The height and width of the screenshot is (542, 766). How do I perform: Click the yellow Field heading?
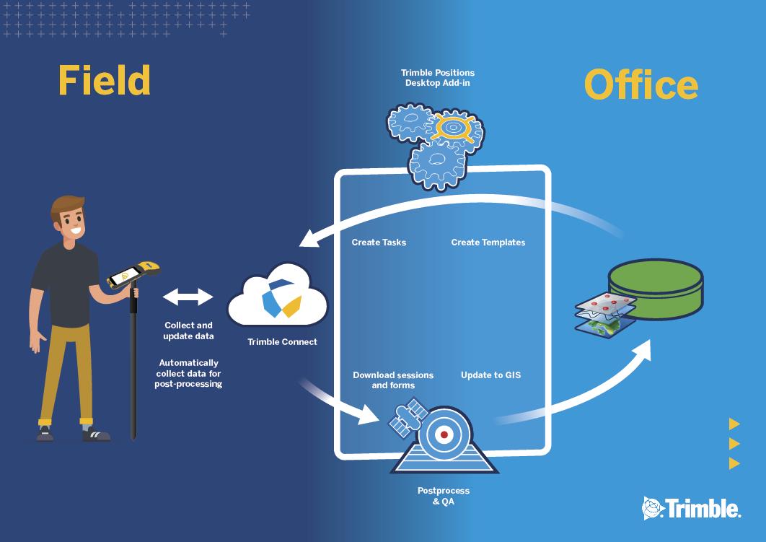point(104,80)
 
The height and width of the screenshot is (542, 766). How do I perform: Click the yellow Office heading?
point(641,84)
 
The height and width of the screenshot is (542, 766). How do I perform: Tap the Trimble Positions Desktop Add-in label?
point(438,78)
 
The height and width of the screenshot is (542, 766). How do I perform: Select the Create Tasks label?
point(379,242)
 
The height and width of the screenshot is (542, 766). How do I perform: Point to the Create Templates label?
point(488,242)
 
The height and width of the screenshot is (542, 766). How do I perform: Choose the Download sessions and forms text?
point(393,380)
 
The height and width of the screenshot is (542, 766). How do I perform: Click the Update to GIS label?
point(491,375)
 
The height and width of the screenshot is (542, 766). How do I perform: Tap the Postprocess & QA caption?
point(444,496)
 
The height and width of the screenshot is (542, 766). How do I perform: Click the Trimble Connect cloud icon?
point(278,296)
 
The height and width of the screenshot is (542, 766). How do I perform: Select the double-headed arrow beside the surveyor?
point(188,297)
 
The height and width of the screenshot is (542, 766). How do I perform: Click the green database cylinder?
point(656,289)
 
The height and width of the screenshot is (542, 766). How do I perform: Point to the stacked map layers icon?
point(605,315)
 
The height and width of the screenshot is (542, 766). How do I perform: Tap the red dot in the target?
point(444,434)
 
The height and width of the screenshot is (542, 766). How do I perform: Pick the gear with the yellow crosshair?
point(454,128)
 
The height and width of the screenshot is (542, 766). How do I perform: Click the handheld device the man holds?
point(133,274)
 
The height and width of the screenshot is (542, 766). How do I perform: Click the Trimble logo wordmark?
point(692,508)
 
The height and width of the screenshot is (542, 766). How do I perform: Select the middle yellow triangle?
point(734,443)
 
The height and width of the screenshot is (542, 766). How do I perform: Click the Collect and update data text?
point(188,331)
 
